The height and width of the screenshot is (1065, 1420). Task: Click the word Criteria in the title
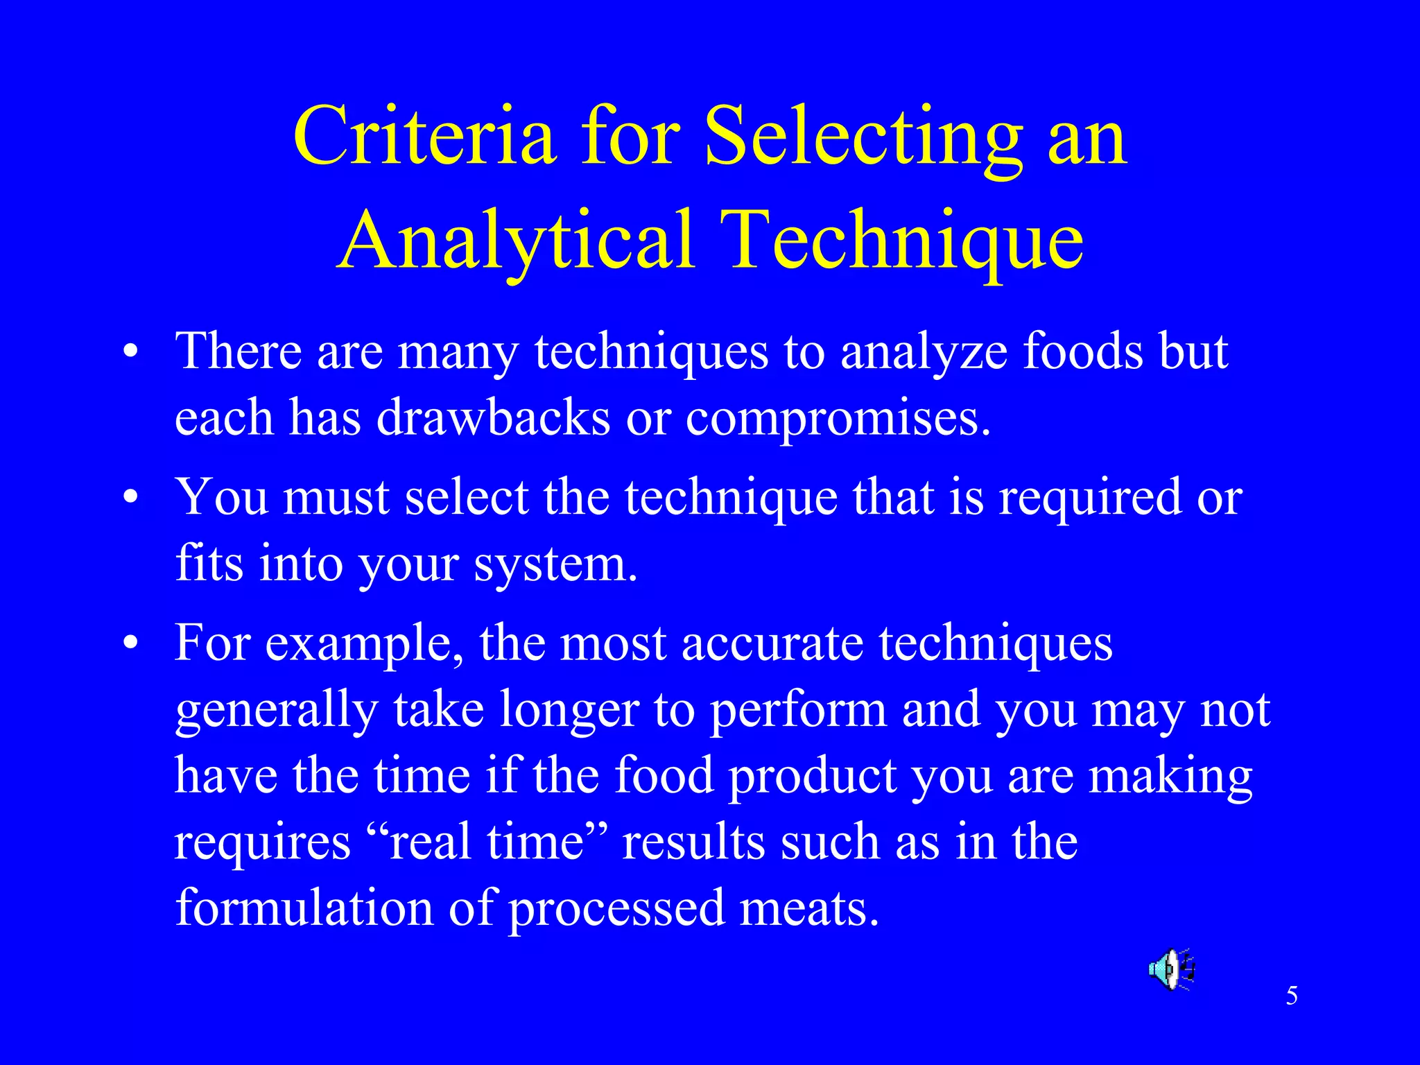pos(424,137)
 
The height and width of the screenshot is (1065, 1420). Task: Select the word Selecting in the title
pos(863,137)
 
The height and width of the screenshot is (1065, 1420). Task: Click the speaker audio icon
pos(1171,969)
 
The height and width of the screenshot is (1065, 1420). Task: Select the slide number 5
pos(1292,996)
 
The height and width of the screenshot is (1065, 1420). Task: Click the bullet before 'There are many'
pos(130,352)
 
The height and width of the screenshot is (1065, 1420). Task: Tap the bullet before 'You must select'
pos(130,499)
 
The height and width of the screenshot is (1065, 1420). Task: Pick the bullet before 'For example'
pos(130,644)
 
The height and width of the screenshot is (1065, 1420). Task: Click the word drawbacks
pos(494,418)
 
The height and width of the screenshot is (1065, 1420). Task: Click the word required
pos(1090,497)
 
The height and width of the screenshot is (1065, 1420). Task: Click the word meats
pos(809,908)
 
